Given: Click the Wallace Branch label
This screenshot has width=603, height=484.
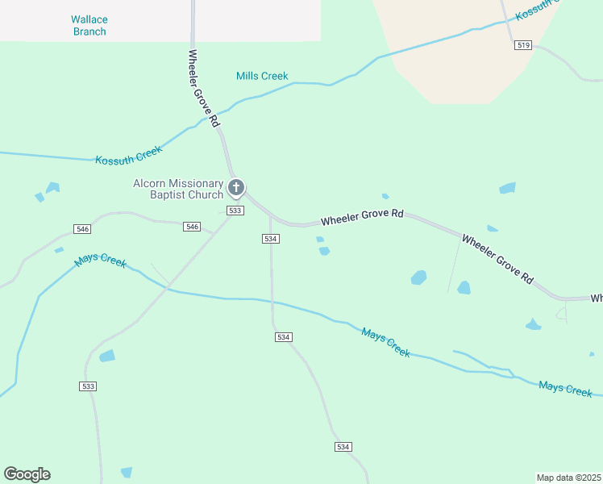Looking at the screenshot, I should click(89, 25).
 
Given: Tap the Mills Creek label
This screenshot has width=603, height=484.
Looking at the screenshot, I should click(262, 76).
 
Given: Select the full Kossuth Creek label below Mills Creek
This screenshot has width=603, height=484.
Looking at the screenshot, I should click(129, 154).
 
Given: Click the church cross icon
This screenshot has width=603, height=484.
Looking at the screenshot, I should click(236, 188).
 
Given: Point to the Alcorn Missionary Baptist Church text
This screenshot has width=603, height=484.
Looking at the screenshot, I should click(177, 189).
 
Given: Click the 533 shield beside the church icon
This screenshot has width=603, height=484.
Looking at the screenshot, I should click(235, 211).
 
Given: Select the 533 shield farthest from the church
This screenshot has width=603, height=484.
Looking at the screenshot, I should click(89, 386).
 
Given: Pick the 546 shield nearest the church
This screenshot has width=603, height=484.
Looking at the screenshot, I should click(192, 227).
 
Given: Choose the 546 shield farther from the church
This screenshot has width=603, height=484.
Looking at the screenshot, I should click(82, 229).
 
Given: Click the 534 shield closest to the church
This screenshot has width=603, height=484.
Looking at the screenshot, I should click(271, 239).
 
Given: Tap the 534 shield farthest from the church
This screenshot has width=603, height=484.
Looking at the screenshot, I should click(343, 447).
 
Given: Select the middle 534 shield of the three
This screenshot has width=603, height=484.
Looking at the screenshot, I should click(282, 336).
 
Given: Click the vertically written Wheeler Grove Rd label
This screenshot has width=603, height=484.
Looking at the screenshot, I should click(203, 88).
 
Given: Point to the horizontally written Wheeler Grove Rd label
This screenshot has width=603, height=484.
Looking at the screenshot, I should click(362, 218).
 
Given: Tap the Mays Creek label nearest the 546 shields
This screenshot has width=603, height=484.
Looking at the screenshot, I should click(101, 261).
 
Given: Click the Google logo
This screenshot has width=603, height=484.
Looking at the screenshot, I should click(27, 474).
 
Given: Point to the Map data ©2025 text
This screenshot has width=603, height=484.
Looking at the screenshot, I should click(569, 478).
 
